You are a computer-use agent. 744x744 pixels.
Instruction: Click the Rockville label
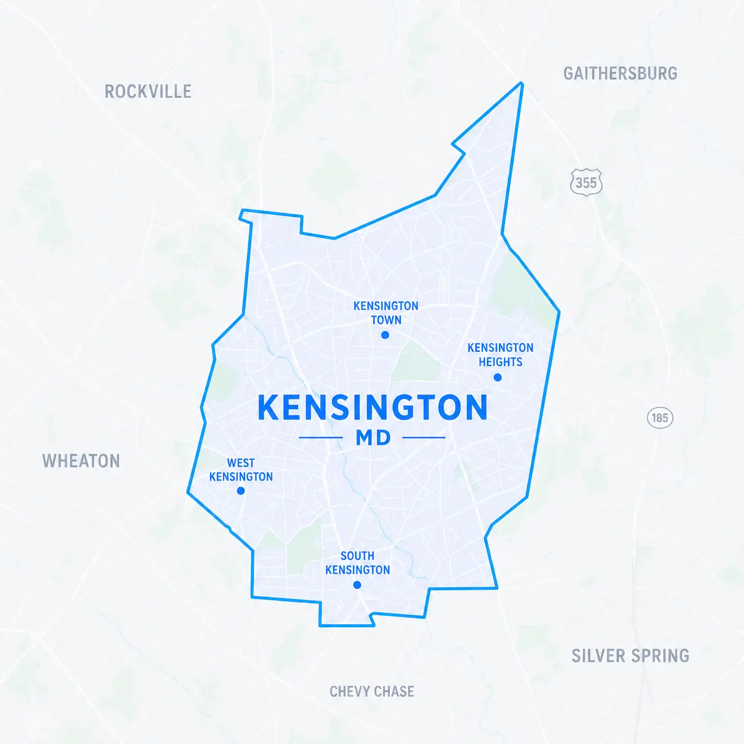(148, 91)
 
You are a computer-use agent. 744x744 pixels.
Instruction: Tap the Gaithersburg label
(620, 74)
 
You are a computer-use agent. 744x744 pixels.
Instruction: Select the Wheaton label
(81, 461)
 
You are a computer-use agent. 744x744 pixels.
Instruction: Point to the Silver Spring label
(630, 656)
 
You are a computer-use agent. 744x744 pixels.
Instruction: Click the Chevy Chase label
(372, 691)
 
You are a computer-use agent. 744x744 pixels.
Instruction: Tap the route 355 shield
(586, 182)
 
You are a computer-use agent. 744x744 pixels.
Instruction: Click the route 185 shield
(660, 418)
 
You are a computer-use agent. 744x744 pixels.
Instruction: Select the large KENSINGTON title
(373, 408)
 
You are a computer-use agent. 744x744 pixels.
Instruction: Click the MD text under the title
(373, 438)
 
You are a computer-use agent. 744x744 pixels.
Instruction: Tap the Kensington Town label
(386, 313)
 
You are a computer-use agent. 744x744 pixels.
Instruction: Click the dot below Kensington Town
(385, 335)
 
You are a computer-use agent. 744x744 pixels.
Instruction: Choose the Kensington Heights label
(500, 354)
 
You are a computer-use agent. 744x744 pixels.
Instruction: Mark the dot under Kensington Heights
(498, 377)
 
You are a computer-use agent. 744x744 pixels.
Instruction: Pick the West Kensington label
(241, 469)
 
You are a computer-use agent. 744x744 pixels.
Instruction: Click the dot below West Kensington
(241, 491)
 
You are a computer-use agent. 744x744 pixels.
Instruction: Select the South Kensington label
(358, 562)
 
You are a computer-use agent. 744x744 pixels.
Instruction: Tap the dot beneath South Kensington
(357, 585)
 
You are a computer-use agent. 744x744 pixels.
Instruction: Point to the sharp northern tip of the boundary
(522, 84)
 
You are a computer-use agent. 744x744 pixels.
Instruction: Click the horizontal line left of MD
(321, 438)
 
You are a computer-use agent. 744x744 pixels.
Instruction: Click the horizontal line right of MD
(424, 438)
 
